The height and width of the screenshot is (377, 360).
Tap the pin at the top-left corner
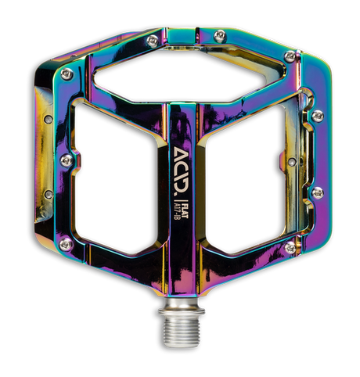[x=66, y=73]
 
